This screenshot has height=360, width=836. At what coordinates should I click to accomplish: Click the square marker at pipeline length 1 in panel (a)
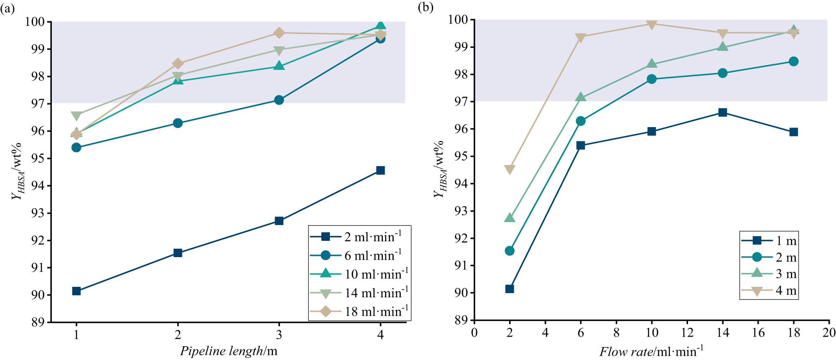click(76, 291)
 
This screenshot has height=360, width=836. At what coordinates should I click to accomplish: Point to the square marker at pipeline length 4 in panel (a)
click(380, 170)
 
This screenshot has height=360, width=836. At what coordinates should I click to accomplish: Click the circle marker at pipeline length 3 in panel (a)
click(279, 100)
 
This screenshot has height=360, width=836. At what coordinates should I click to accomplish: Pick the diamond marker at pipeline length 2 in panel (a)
click(178, 64)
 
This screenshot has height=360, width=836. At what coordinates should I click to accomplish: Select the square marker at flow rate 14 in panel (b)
click(722, 112)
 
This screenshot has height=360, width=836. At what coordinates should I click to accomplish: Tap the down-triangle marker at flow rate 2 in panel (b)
click(510, 169)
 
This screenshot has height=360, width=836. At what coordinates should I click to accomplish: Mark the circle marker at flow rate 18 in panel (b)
click(793, 61)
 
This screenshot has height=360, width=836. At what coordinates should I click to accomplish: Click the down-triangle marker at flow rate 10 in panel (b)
click(651, 24)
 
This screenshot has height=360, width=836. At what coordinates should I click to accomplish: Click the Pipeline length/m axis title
click(229, 351)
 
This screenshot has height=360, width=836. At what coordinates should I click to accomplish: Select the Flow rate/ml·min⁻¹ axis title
click(651, 351)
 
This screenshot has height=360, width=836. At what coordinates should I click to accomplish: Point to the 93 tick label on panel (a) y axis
click(38, 213)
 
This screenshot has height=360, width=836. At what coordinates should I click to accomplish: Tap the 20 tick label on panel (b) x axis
click(828, 333)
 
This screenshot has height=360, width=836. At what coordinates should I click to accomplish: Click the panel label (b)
click(426, 7)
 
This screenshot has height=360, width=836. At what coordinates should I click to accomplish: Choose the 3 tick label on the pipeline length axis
click(279, 335)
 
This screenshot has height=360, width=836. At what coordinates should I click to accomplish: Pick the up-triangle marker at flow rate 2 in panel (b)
click(510, 218)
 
